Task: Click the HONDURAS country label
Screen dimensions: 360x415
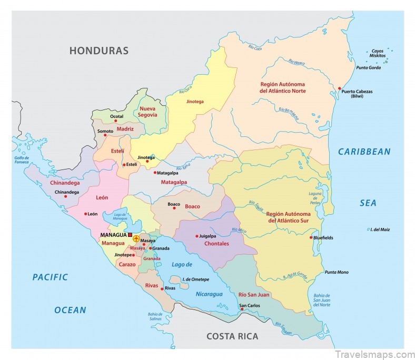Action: pos(99,51)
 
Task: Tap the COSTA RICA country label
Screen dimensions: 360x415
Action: pos(232,336)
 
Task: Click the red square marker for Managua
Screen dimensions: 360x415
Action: pos(130,235)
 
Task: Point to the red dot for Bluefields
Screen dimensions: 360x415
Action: pos(311,237)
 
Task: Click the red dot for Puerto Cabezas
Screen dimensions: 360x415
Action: pos(340,88)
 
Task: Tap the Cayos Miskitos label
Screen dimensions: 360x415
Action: pos(378,53)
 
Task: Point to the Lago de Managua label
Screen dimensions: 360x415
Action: pos(120,216)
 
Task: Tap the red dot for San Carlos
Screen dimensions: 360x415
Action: pos(242,309)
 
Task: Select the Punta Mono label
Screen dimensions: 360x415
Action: pos(336,272)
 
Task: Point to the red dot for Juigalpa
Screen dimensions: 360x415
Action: pos(196,236)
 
